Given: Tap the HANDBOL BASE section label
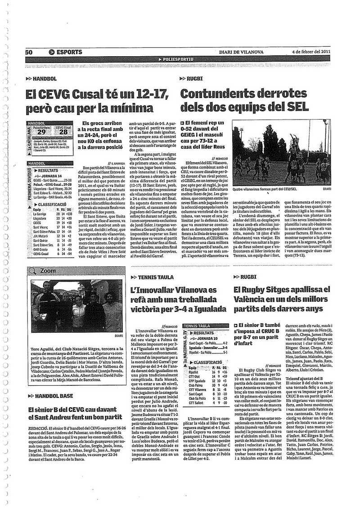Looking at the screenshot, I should (52, 396).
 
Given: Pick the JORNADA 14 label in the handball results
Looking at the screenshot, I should (54, 175).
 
